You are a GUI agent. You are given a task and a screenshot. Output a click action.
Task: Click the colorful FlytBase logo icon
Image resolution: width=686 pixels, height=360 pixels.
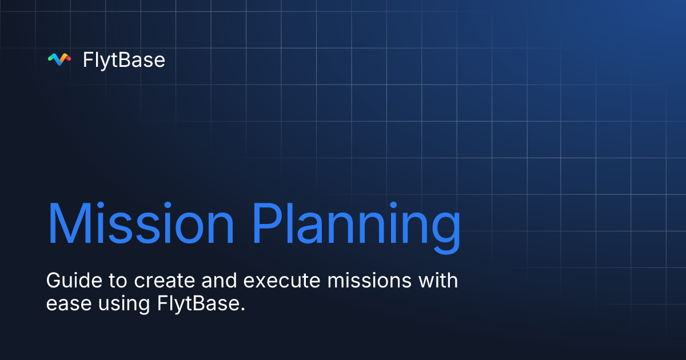point(59,59)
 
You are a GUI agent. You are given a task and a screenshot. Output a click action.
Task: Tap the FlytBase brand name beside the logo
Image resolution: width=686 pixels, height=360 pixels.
point(124,59)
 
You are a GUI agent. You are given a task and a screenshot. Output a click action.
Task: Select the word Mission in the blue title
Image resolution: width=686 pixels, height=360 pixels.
point(141,223)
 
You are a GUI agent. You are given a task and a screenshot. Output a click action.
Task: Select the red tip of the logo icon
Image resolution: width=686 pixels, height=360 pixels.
point(67,57)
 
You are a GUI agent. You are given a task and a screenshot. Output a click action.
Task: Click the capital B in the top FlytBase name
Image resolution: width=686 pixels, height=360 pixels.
point(124,59)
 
